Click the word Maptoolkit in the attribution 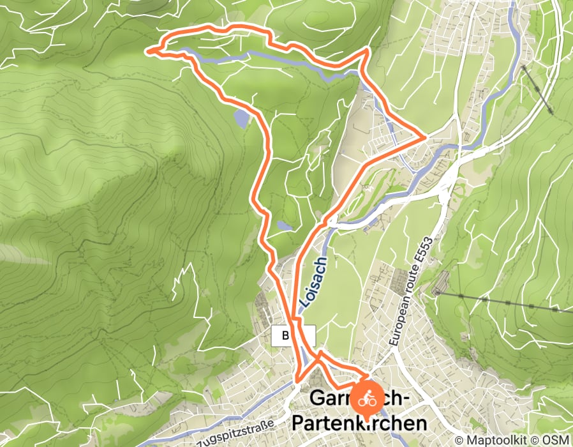coord(490,440)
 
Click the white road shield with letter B coord(285,335)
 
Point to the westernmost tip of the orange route coord(148,50)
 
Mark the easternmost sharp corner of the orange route coord(425,137)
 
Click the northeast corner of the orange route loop coord(367,49)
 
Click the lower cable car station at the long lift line coord(438,292)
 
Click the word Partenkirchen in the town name coord(359,423)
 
